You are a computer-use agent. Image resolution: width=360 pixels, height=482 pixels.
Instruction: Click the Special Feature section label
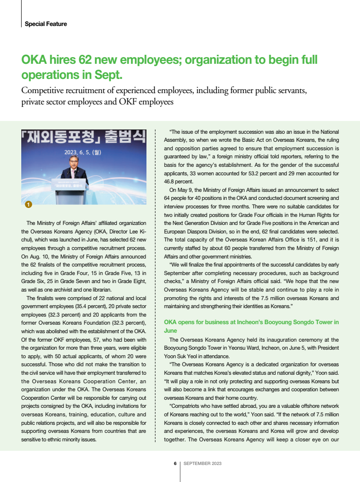[x=45, y=24]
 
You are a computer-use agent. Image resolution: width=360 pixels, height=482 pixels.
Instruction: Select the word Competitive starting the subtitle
[x=46, y=91]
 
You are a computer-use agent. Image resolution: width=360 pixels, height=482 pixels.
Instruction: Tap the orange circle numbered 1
[x=28, y=205]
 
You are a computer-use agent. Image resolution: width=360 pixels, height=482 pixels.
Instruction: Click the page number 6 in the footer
[x=175, y=463]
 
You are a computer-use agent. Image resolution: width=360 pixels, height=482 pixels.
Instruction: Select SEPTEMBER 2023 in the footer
[x=202, y=463]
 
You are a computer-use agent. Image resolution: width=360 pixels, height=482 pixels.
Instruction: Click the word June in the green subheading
[x=171, y=331]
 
